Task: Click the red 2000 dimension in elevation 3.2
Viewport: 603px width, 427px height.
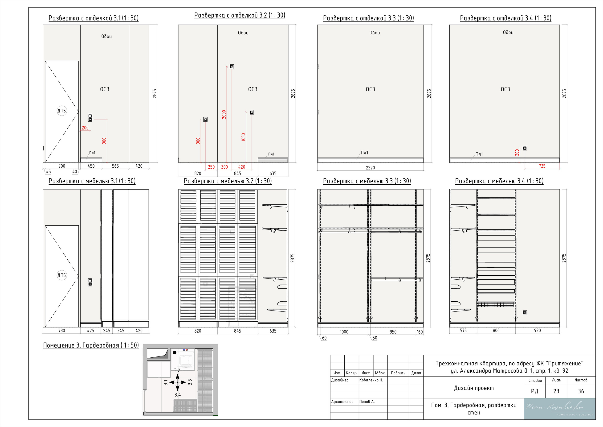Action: pos(224,114)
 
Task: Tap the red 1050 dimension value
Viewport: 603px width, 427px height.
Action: pos(244,137)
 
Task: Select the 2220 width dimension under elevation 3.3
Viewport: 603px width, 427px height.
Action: pos(370,168)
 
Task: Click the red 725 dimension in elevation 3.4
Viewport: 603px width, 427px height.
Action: pos(542,166)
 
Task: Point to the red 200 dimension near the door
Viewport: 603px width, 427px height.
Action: pos(85,128)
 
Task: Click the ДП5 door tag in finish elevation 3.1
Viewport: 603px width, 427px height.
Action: pos(62,111)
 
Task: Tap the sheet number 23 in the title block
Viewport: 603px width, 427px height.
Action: pos(556,391)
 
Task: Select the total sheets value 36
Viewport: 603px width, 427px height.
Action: pos(581,391)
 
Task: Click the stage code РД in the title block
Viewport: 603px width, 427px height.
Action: pos(535,391)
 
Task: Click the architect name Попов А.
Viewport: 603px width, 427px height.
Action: pos(367,402)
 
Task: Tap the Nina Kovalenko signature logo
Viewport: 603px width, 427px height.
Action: pos(560,409)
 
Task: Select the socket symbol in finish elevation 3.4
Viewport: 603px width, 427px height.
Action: pos(525,148)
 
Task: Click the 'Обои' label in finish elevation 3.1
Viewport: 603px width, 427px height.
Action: pos(106,37)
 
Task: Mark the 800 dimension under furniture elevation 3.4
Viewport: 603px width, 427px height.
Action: pos(496,331)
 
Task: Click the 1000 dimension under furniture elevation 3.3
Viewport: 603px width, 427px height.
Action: pos(344,332)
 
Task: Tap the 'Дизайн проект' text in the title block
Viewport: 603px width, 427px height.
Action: pos(474,388)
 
